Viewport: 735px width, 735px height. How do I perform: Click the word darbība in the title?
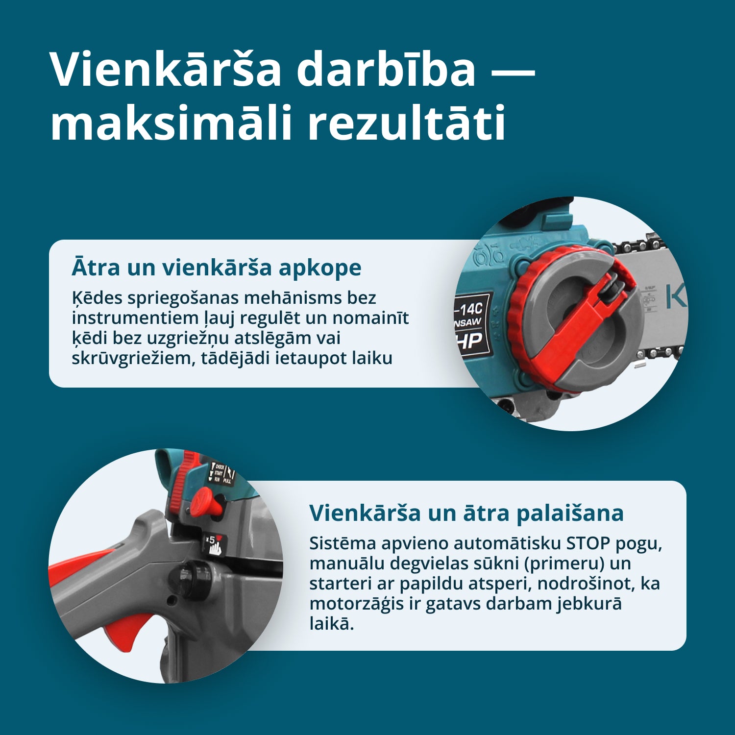[x=386, y=69]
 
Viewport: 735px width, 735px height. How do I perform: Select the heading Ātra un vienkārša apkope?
[x=217, y=268]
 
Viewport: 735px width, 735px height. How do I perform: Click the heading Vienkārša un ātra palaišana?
[x=466, y=513]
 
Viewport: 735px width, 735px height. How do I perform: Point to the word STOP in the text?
[x=588, y=543]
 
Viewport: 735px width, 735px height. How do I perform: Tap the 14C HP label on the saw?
[x=472, y=324]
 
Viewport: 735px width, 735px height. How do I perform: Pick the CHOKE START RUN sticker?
[x=222, y=473]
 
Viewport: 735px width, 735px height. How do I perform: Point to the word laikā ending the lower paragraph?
[x=332, y=624]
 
